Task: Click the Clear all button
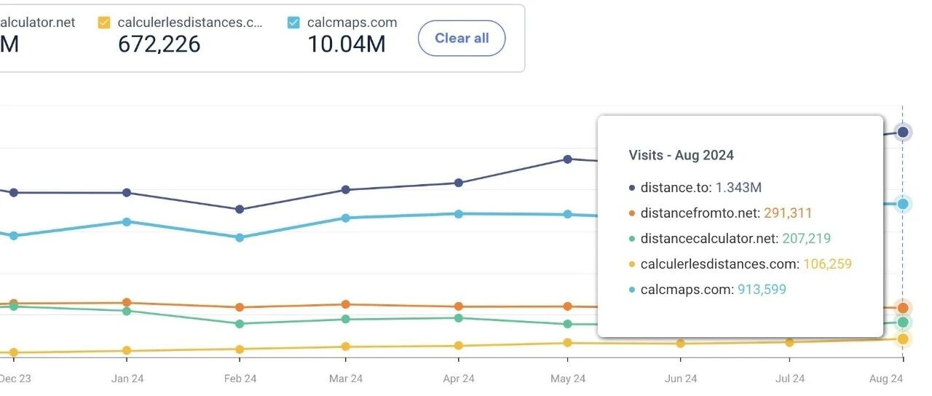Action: click(x=462, y=39)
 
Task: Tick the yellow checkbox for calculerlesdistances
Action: click(x=104, y=23)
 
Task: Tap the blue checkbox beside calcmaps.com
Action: click(x=293, y=23)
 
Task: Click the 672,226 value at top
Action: click(x=159, y=44)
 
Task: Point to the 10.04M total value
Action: click(x=346, y=44)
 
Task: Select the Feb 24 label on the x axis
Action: click(x=240, y=379)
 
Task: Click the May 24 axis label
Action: click(x=568, y=379)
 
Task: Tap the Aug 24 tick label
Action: click(x=885, y=379)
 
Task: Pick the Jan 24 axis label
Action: click(x=127, y=379)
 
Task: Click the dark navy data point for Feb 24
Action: click(x=240, y=210)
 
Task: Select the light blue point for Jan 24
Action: click(x=127, y=221)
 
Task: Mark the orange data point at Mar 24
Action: click(x=345, y=304)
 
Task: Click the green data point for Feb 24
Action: click(x=240, y=324)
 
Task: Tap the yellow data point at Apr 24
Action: click(x=458, y=346)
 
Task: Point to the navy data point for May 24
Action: click(x=567, y=159)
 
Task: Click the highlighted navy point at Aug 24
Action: click(x=903, y=132)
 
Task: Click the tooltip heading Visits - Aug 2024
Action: click(x=681, y=155)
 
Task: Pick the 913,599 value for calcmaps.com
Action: click(x=762, y=290)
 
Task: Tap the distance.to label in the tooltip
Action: click(x=675, y=188)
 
